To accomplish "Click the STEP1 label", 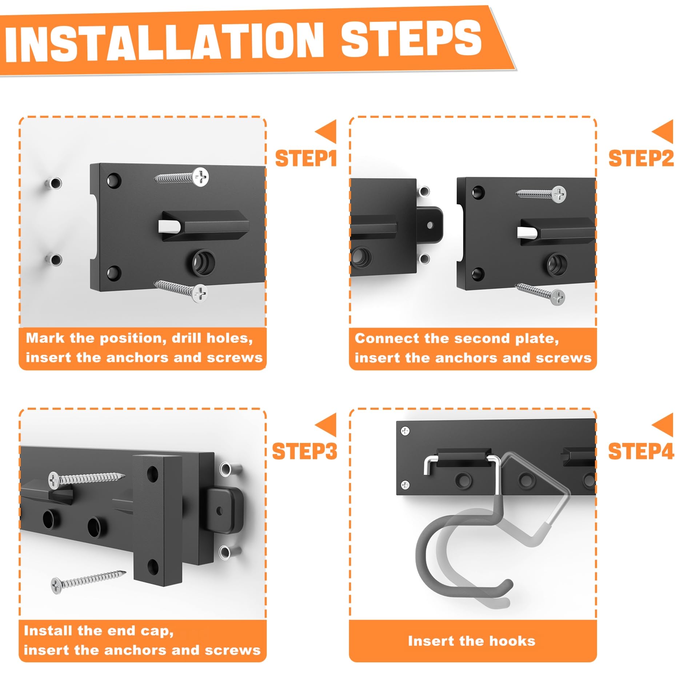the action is pos(306,159).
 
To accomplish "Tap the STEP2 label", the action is pos(641,159).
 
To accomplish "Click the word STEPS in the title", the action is pos(411,38).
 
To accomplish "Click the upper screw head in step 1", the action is pos(200,177).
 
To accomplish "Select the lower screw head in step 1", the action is pos(200,293).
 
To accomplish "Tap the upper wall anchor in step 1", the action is pos(53,183).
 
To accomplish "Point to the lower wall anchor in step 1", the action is pos(53,260).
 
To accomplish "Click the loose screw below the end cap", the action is pos(88,582).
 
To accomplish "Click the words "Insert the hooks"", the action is pos(472,641).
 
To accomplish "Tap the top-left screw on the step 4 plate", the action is pos(405,431).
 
